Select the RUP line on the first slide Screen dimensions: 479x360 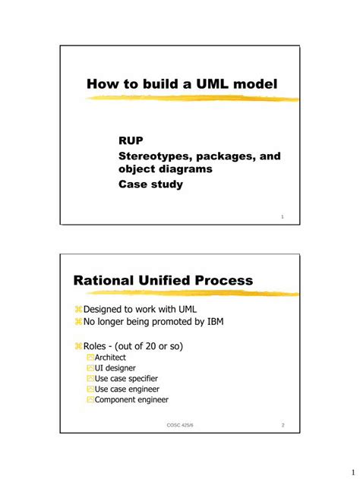click(x=131, y=140)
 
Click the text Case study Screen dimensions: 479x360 click(x=150, y=184)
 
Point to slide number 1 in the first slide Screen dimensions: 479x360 click(x=282, y=217)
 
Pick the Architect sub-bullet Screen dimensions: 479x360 click(x=110, y=357)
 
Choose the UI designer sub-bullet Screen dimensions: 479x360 click(x=115, y=367)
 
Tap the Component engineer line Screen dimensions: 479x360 click(x=131, y=399)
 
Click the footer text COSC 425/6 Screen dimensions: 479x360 click(x=180, y=425)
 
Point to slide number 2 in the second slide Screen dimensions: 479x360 click(x=282, y=425)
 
